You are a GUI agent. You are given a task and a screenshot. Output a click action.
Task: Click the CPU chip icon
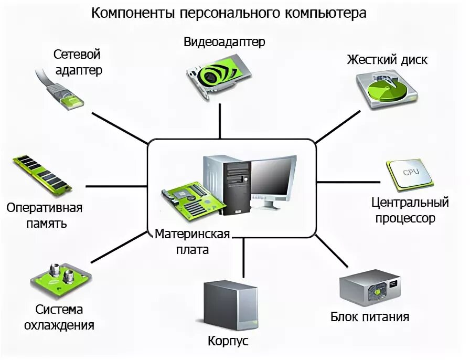click(409, 173)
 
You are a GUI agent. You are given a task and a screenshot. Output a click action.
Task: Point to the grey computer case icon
click(230, 304)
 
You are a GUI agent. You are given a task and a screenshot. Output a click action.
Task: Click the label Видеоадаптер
click(225, 42)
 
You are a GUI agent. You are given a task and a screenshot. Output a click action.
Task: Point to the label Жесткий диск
click(387, 60)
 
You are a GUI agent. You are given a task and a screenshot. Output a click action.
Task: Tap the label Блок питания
click(370, 317)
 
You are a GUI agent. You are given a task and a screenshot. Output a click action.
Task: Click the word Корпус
click(228, 341)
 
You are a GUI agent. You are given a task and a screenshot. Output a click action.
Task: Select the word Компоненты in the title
click(133, 13)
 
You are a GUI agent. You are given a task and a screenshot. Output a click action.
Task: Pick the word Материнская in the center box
click(193, 234)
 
